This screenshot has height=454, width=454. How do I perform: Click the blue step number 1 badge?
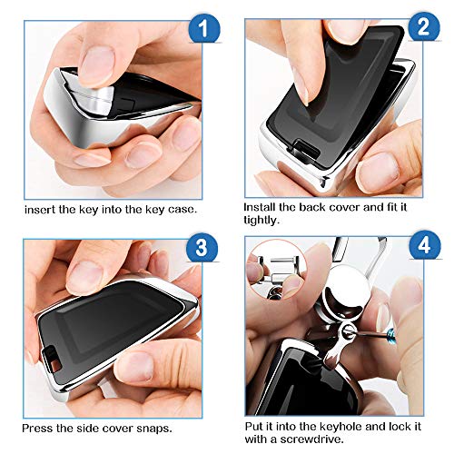(204, 29)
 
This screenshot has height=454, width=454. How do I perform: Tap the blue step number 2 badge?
(424, 26)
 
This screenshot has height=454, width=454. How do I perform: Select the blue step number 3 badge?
(202, 247)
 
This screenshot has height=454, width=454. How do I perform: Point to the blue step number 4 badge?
(424, 244)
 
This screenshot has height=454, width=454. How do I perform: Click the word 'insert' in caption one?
(40, 210)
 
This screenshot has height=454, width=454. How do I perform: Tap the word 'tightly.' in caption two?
(262, 220)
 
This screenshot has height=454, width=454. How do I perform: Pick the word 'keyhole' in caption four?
(341, 427)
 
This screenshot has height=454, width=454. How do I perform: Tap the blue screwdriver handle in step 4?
(391, 334)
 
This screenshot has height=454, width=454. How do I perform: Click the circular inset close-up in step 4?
(277, 270)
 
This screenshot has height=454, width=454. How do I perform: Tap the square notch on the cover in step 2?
(303, 149)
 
